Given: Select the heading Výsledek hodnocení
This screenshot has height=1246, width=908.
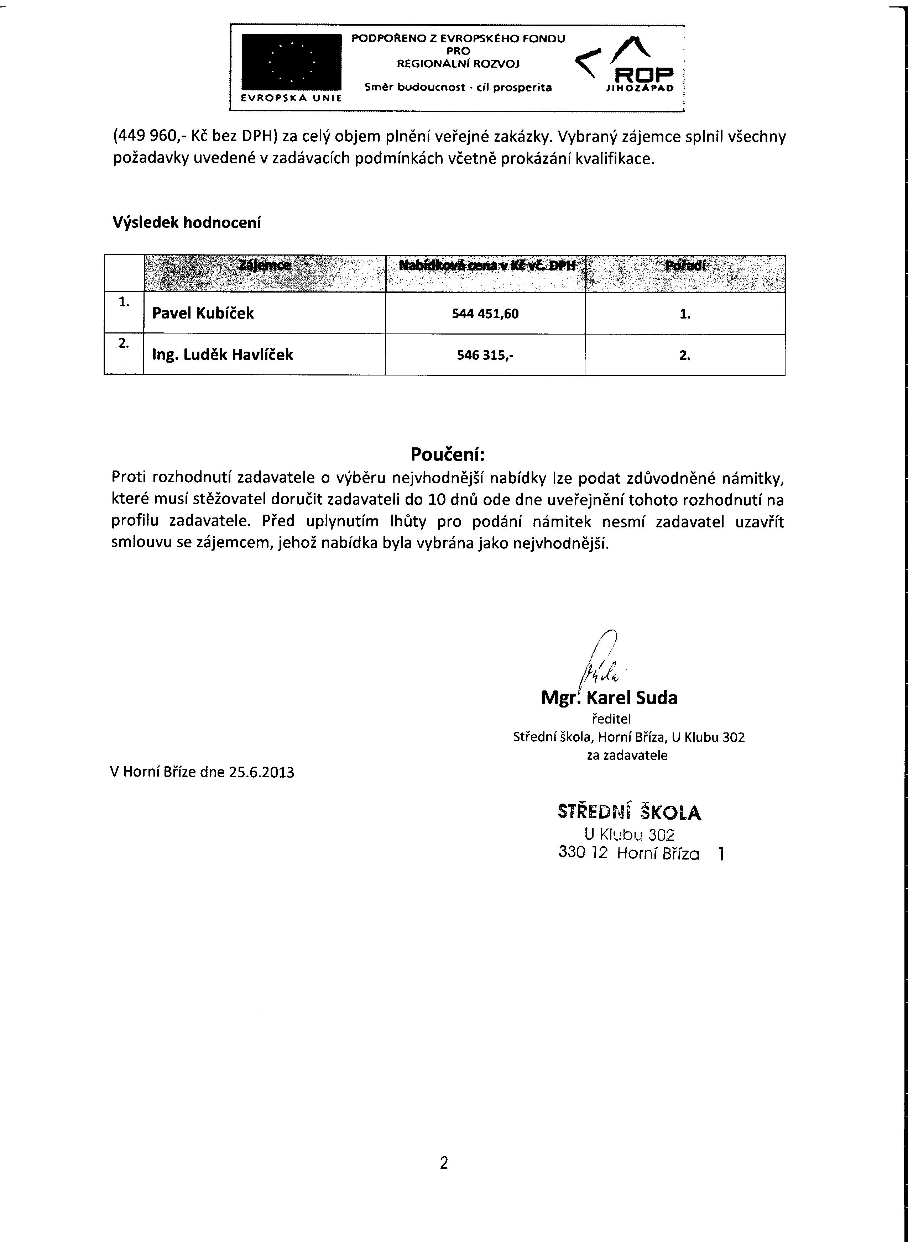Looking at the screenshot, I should click(x=187, y=223).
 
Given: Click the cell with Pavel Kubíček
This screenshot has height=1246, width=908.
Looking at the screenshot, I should click(x=203, y=313).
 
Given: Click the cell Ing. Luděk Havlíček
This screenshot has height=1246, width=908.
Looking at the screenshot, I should click(x=222, y=355).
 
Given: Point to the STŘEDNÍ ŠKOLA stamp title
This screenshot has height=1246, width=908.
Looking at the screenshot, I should click(x=629, y=813).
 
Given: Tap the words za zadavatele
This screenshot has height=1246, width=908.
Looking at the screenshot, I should click(x=627, y=756).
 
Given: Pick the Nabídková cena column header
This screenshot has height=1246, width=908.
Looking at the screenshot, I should click(x=486, y=266).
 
